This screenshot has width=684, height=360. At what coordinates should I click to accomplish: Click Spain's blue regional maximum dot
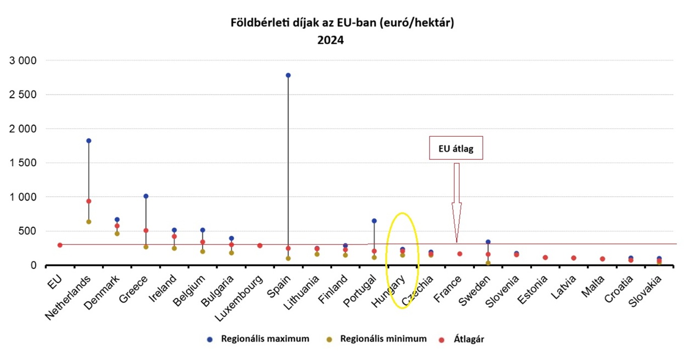click(288, 75)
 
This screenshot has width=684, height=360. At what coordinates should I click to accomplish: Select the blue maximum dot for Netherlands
click(89, 141)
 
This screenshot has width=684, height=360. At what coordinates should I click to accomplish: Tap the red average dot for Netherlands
click(89, 201)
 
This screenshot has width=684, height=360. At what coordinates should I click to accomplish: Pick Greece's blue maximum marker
click(146, 196)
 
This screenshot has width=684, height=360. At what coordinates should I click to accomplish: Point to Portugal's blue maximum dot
click(374, 221)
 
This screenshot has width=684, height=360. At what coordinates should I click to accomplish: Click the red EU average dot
click(60, 245)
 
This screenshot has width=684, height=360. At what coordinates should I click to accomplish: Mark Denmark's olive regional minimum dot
click(117, 233)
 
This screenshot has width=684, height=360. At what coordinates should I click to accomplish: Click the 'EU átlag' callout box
click(456, 148)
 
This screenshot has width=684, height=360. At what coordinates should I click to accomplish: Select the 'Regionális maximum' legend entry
click(259, 339)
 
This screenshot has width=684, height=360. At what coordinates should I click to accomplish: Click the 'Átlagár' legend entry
click(462, 339)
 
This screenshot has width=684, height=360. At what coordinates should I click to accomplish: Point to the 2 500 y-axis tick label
click(23, 95)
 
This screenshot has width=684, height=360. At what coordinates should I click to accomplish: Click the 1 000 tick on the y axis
click(23, 197)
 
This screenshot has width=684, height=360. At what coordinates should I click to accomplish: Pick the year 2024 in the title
click(330, 40)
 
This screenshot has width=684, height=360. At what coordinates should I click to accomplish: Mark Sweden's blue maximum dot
click(488, 242)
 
